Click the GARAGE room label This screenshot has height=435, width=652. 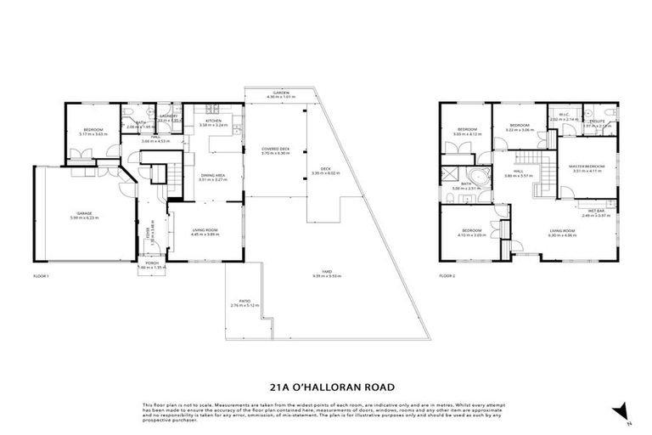(84, 213)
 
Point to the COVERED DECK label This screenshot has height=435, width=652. (276, 149)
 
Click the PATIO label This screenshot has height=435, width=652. (242, 301)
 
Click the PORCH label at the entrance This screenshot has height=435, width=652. (153, 263)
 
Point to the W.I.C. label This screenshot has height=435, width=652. (564, 115)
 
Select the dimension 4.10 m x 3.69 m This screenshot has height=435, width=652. (472, 234)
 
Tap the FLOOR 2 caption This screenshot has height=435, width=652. (448, 276)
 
